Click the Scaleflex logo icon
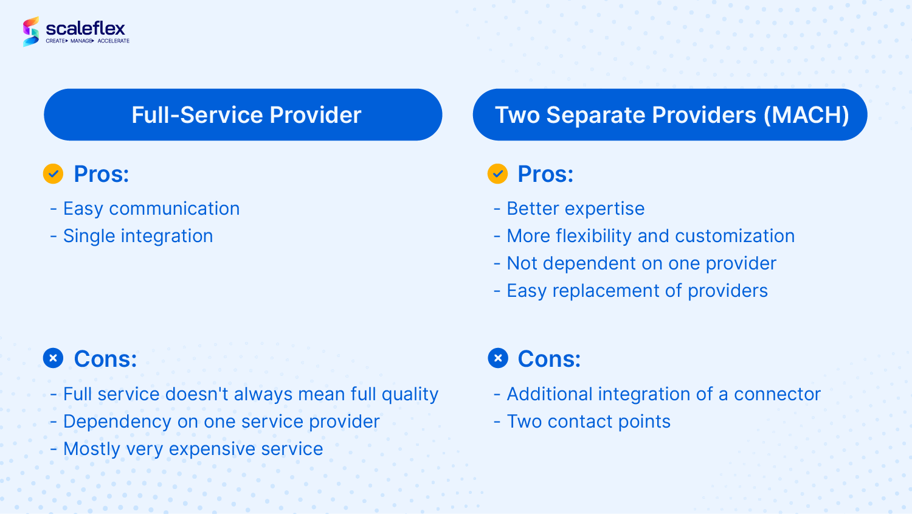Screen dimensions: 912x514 click(x=31, y=32)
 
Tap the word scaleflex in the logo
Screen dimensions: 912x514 click(x=85, y=29)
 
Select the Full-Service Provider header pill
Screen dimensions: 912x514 click(x=243, y=114)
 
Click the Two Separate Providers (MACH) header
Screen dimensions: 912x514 click(x=670, y=114)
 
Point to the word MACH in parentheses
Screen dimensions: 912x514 click(x=806, y=115)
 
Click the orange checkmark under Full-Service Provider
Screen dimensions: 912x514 click(x=54, y=174)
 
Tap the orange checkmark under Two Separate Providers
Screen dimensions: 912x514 click(x=497, y=174)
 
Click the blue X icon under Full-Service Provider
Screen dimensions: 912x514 click(x=54, y=358)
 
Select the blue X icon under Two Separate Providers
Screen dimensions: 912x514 click(x=497, y=358)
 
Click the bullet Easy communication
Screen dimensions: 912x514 click(x=145, y=209)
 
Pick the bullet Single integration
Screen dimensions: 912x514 click(x=131, y=236)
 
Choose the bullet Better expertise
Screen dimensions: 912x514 click(x=569, y=209)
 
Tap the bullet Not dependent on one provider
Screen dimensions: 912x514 click(x=635, y=263)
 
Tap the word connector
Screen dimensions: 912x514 click(x=777, y=394)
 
